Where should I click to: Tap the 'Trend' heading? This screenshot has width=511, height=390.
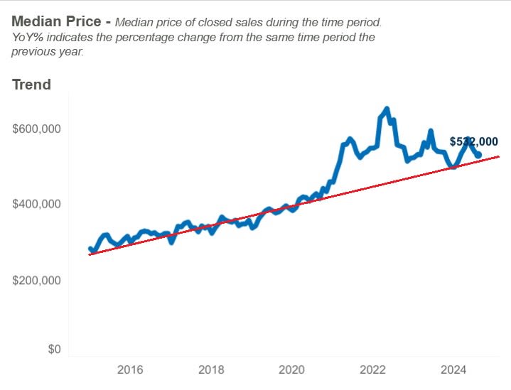point(31,85)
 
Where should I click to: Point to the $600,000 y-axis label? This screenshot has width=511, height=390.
point(37,129)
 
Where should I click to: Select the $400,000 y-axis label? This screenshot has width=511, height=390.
point(37,205)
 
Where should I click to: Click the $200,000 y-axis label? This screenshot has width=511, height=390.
point(37,280)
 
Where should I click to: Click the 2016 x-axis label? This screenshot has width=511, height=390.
point(130,369)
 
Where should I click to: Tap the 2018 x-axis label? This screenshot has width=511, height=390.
point(211,369)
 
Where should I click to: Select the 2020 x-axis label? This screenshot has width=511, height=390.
point(292,369)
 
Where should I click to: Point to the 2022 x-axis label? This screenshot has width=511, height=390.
point(373,369)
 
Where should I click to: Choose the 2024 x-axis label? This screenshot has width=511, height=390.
point(453,369)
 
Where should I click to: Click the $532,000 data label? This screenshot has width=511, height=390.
point(473,141)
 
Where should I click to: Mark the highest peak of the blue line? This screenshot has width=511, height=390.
point(387,109)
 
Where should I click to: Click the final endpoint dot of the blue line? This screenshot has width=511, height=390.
point(479,155)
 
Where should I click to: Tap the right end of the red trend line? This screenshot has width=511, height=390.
point(499,156)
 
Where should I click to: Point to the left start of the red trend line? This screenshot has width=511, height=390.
point(90,254)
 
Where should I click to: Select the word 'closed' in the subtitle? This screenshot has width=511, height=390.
point(239,22)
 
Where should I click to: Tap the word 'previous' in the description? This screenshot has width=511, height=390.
point(36,51)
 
